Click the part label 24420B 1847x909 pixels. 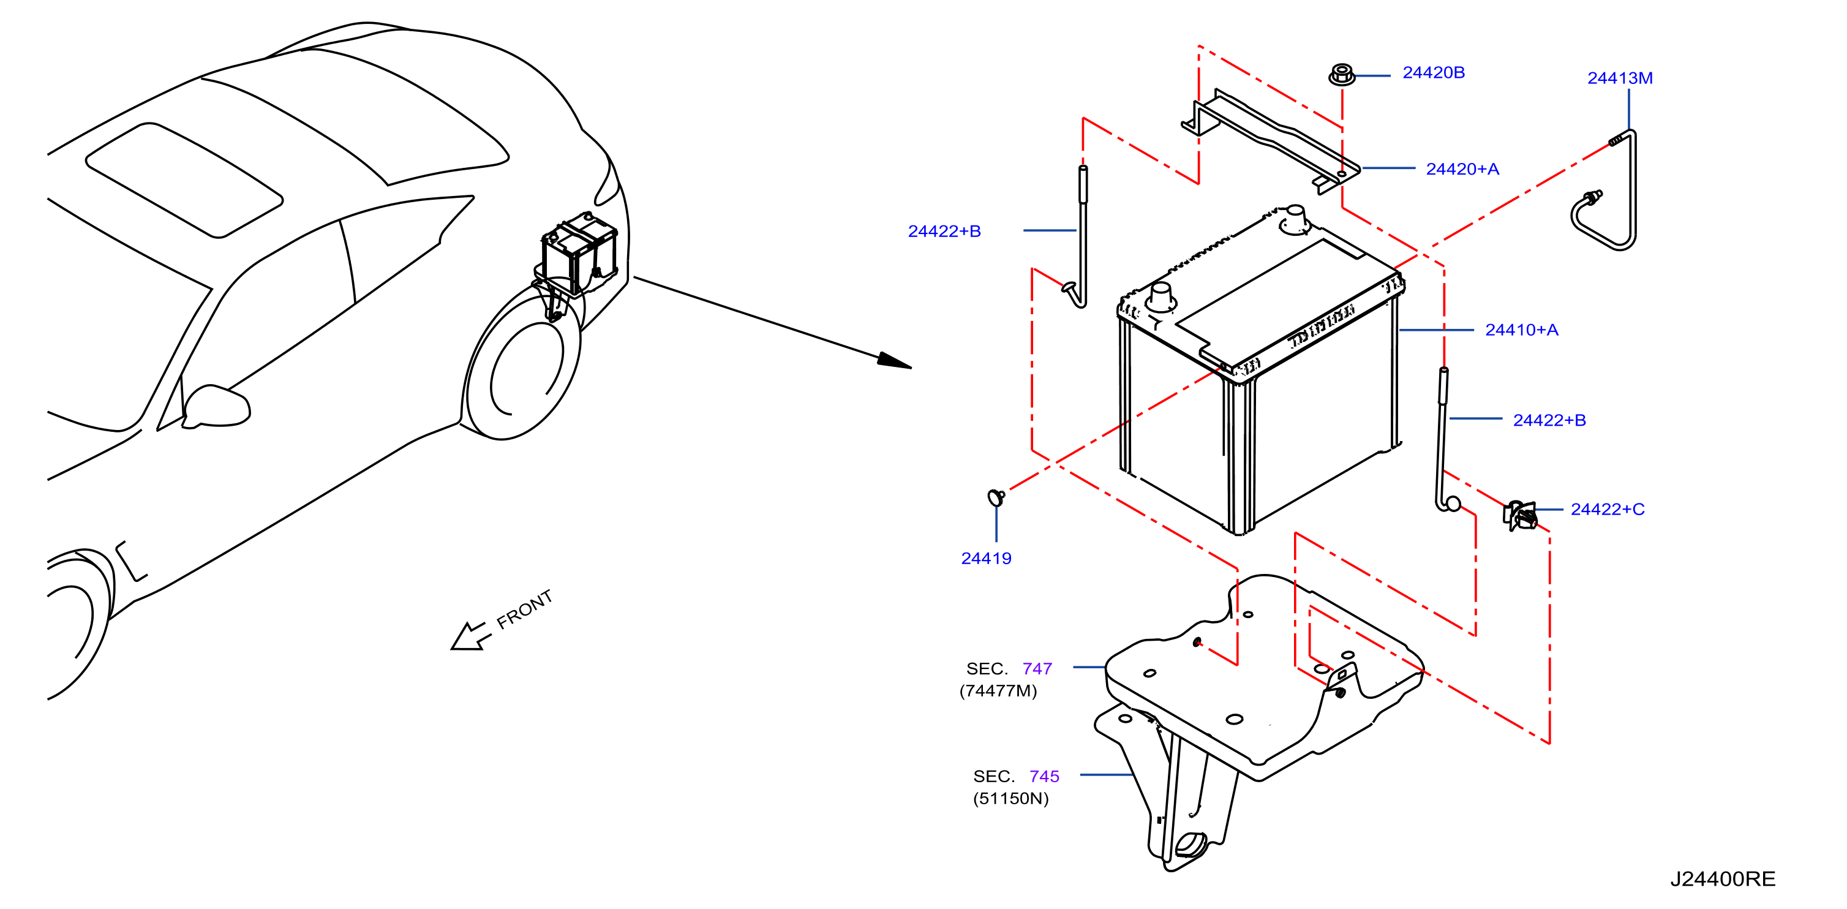point(1433,73)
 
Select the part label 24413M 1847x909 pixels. point(1620,78)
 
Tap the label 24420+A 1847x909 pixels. point(1462,169)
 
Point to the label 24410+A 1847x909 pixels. point(1521,330)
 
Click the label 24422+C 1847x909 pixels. point(1608,509)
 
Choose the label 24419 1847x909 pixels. point(986,559)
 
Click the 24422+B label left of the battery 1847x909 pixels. point(944,232)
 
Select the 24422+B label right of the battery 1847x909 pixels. point(1549,420)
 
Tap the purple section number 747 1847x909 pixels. point(1037,669)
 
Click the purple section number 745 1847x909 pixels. point(1044,776)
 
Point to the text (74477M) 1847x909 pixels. point(998,691)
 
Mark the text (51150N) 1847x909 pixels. point(1011,799)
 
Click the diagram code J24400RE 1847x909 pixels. point(1723,879)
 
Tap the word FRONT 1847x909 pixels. point(525,609)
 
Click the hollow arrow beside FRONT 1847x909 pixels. point(470,636)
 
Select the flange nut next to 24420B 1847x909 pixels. point(1342,75)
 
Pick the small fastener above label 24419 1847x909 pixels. point(996,497)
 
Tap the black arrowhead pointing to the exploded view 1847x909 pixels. point(894,361)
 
